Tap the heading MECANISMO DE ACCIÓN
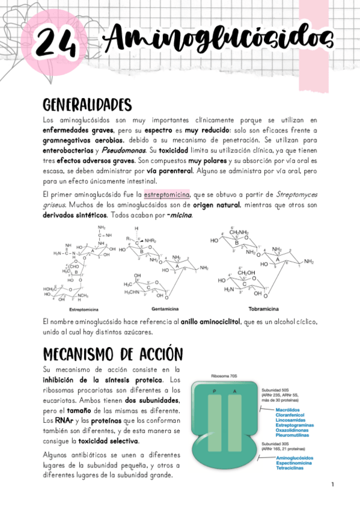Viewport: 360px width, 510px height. (x=113, y=353)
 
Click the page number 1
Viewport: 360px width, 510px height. (x=332, y=485)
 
